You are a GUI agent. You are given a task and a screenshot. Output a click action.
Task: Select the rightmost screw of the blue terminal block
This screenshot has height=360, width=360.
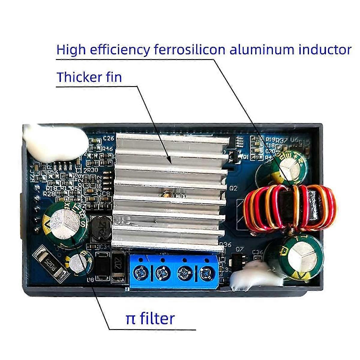205,273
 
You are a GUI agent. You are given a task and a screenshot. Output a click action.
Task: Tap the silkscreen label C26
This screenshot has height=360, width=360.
109,138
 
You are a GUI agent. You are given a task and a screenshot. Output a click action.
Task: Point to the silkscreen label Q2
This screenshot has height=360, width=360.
233,188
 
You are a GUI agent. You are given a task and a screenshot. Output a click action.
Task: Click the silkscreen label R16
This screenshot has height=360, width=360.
107,148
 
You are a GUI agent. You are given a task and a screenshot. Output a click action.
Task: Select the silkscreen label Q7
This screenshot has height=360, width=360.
239,249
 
